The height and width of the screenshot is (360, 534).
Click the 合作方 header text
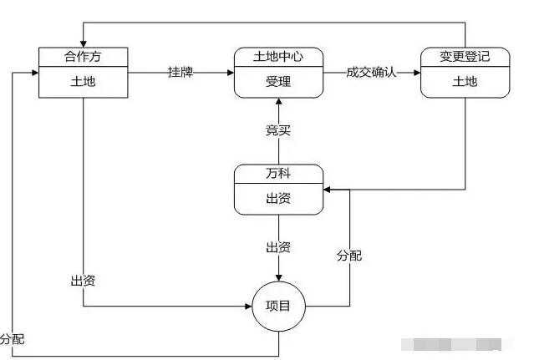(84, 57)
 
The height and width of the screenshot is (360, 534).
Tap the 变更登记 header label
(464, 57)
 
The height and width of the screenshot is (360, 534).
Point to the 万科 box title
(277, 173)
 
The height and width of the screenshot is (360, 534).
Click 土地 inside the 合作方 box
(84, 81)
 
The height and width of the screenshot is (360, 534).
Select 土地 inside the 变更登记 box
(464, 81)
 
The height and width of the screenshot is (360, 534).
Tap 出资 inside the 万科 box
(277, 198)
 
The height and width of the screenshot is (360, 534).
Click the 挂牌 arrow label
(181, 73)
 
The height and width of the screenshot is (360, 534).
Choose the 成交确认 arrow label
(371, 73)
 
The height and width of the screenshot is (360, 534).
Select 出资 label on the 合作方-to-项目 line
(83, 280)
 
